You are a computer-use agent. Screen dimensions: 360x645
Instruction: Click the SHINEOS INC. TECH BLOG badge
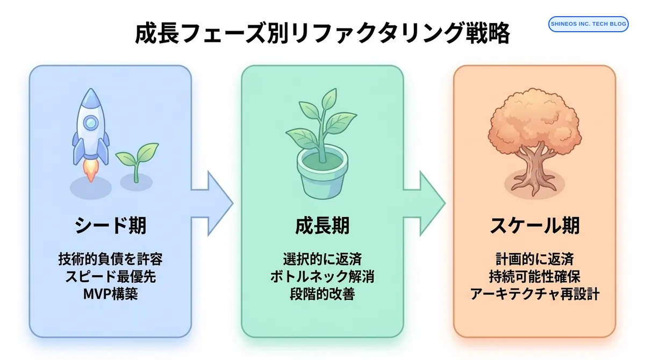click(588, 24)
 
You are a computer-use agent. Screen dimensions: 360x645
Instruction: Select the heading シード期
click(110, 226)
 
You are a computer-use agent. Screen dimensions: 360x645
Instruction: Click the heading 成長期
click(322, 226)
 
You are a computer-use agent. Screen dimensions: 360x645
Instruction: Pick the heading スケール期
click(534, 226)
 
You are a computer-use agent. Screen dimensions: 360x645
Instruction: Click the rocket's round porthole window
click(91, 123)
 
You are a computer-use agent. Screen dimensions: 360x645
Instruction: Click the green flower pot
click(321, 172)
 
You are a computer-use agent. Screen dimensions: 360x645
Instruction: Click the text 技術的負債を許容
click(110, 259)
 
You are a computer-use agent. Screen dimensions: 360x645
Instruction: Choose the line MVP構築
click(110, 294)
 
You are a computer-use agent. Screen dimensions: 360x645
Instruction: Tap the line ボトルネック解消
click(322, 277)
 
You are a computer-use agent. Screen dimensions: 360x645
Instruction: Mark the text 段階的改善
click(322, 294)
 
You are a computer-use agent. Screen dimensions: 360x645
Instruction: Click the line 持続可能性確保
click(534, 277)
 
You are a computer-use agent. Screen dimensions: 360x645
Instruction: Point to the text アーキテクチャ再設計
click(534, 294)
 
